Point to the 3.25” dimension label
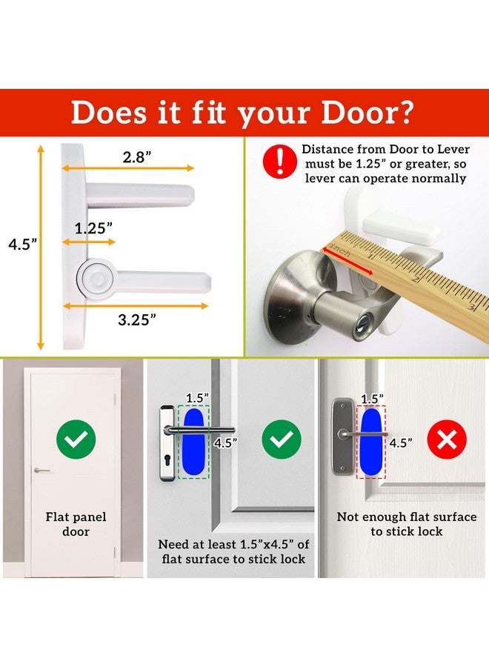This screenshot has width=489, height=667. [137, 320]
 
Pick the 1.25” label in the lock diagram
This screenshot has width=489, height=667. [93, 228]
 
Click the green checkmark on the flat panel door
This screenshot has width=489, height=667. [74, 440]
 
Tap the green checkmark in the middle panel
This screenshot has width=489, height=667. [281, 440]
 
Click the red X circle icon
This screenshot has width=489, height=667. [448, 440]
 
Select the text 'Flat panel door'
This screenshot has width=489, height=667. [76, 524]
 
